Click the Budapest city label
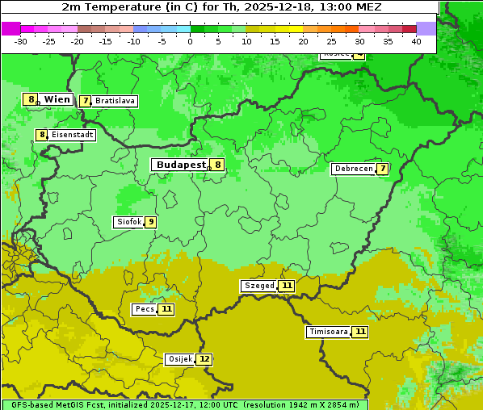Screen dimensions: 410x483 [181, 165]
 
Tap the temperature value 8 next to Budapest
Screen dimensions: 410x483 [217, 165]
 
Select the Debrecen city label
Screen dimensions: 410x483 [353, 169]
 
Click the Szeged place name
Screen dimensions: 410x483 [259, 286]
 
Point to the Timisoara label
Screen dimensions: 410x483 [328, 332]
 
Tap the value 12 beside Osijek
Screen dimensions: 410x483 [205, 359]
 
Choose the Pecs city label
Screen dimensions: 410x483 [145, 309]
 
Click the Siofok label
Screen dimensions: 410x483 [128, 222]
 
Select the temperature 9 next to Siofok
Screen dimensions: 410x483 [150, 222]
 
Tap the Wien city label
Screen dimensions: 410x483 [57, 99]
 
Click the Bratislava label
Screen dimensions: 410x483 [114, 101]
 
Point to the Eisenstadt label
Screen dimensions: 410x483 [73, 135]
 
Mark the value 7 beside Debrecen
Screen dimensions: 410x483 [383, 169]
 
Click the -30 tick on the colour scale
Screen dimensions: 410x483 [21, 41]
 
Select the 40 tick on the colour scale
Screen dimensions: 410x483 [416, 41]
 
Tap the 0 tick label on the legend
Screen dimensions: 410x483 [191, 41]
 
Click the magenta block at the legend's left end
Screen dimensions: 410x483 [10, 28]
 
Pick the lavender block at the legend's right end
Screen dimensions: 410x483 [426, 28]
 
